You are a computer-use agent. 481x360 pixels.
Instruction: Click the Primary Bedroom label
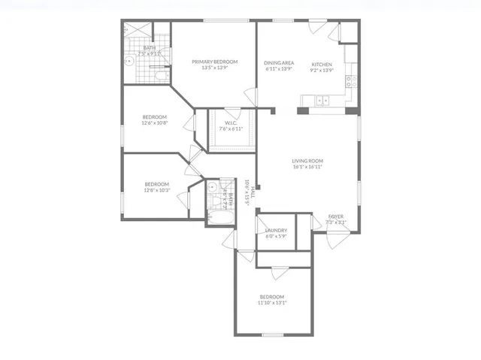tap(214, 62)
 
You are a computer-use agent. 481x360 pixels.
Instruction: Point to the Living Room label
tap(307, 161)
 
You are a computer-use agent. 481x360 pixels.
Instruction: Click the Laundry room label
tap(277, 231)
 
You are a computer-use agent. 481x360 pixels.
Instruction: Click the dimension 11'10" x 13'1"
tap(272, 303)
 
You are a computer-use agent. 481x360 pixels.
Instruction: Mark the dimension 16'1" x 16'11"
tap(307, 168)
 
